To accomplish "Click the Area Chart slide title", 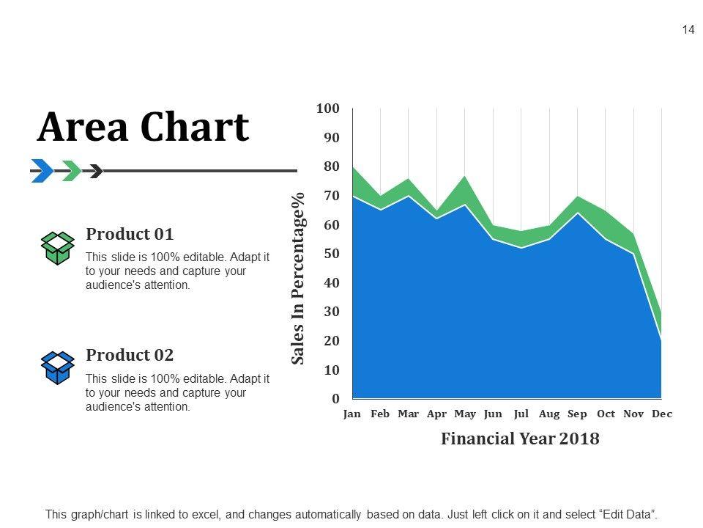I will pyautogui.click(x=143, y=127).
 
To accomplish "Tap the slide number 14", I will pyautogui.click(x=688, y=30).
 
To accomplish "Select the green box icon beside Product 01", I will pyautogui.click(x=57, y=248).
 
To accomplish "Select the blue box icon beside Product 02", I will pyautogui.click(x=57, y=367).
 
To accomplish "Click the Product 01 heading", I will pyautogui.click(x=130, y=235).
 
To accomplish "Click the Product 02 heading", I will pyautogui.click(x=130, y=356).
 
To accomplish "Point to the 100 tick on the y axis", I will pyautogui.click(x=328, y=109).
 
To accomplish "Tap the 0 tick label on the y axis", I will pyautogui.click(x=335, y=399).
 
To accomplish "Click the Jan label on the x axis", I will pyautogui.click(x=352, y=414).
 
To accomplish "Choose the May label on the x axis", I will pyautogui.click(x=465, y=414).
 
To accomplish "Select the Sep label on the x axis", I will pyautogui.click(x=577, y=414).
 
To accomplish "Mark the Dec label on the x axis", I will pyautogui.click(x=662, y=414).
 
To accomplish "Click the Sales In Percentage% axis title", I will pyautogui.click(x=298, y=279).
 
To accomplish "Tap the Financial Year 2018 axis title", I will pyautogui.click(x=520, y=439).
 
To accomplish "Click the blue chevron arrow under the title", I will pyautogui.click(x=42, y=171).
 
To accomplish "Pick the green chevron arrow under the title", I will pyautogui.click(x=72, y=171).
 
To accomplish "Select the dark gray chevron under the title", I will pyautogui.click(x=95, y=171).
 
